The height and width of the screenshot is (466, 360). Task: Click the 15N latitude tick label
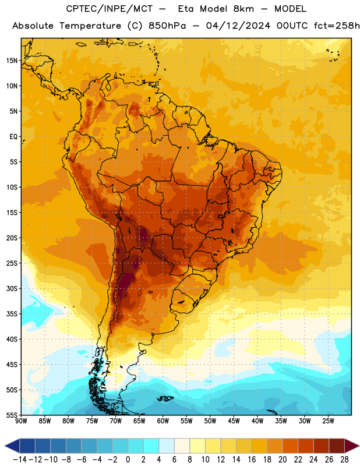pos(12,61)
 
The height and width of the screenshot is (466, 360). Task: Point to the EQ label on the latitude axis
pos(13,137)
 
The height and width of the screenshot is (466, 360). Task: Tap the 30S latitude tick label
pos(12,289)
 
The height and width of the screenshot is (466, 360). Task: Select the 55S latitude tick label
pos(12,415)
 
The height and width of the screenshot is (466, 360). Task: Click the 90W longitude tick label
pos(21,421)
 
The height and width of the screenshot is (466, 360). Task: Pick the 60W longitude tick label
pos(163,421)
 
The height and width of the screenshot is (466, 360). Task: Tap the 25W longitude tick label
pos(328,421)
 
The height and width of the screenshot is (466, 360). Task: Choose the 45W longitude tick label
pos(234,421)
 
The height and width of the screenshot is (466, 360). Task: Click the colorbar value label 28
pos(344,460)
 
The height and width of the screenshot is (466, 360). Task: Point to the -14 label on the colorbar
pos(20,460)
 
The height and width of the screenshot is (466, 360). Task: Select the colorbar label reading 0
pos(128,460)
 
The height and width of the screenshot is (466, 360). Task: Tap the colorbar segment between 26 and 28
pos(337,446)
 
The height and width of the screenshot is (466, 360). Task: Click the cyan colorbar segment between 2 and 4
pos(151,446)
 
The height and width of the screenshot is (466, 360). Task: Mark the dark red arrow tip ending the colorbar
pos(359,446)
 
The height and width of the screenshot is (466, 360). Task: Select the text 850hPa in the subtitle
pos(167,26)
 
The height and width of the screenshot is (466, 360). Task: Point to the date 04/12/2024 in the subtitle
pos(238,26)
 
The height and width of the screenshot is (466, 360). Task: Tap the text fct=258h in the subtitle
pos(337,26)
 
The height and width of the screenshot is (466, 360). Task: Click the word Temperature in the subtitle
pos(90,26)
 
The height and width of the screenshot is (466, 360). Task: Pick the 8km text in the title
pos(243,9)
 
